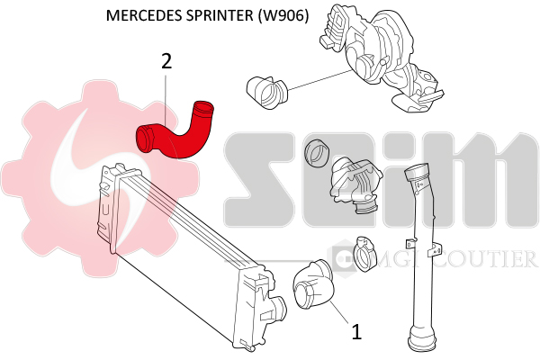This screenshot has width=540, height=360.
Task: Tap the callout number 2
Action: pyautogui.click(x=166, y=61)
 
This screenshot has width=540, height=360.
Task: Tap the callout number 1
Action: pyautogui.click(x=356, y=331)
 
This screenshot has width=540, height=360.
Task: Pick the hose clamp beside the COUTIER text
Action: pyautogui.click(x=364, y=253)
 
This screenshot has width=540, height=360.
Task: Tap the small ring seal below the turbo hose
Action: pyautogui.click(x=316, y=153)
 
